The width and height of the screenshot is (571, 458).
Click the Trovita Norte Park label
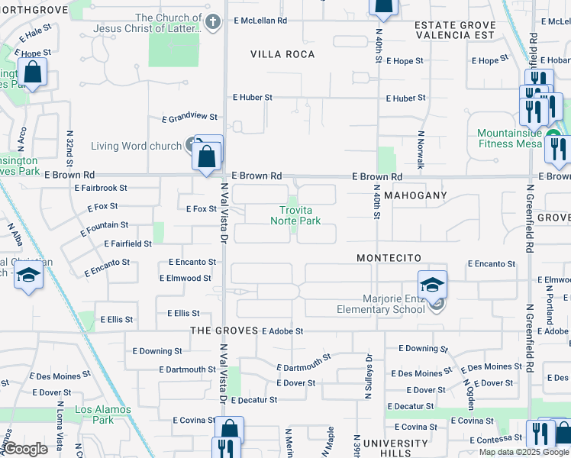coord(295,215)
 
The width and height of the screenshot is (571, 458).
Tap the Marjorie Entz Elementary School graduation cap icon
coord(432,285)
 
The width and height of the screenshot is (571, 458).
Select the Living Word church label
coord(135,147)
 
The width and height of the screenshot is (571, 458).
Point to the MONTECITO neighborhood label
coord(389,259)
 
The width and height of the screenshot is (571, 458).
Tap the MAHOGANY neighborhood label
coord(415,195)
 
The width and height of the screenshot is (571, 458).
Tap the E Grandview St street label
coord(189,118)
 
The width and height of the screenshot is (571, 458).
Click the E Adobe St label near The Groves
coord(282,331)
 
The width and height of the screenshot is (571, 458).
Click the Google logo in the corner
coord(25,449)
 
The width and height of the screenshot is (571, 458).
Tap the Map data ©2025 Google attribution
coord(524,452)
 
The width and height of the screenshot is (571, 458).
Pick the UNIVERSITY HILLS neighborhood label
coord(395,448)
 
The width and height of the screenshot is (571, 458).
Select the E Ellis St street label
coord(182,313)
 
